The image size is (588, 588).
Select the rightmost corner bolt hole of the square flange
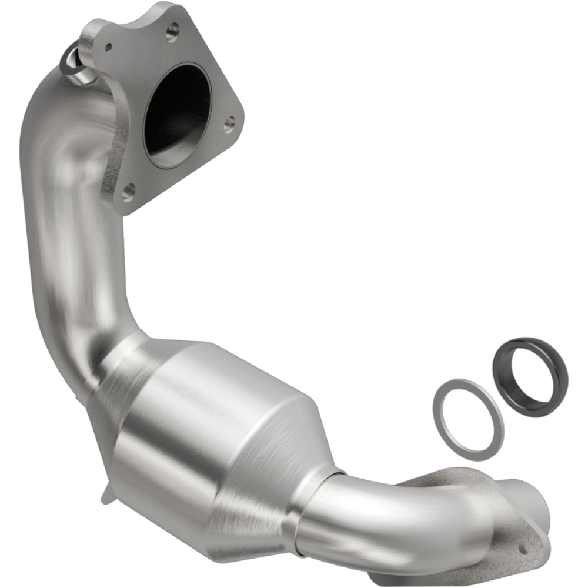pyautogui.click(x=230, y=121)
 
